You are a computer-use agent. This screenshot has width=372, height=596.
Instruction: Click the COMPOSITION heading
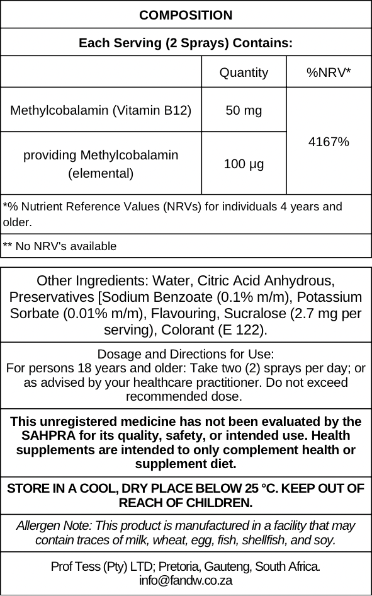[186, 15]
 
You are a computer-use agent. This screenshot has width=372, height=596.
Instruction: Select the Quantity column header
[244, 72]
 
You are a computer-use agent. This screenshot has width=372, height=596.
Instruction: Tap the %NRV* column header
[329, 72]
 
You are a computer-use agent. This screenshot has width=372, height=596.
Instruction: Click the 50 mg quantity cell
[244, 110]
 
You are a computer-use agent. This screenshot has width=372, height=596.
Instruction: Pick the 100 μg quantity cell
[244, 164]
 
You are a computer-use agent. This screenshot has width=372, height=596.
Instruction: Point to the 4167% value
[329, 142]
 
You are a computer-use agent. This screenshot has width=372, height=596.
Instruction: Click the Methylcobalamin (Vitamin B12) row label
[101, 110]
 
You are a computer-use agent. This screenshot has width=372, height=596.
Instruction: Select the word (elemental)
[101, 173]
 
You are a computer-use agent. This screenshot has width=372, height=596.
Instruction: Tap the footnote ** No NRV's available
[60, 246]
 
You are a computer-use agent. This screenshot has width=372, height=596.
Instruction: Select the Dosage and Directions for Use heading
[186, 354]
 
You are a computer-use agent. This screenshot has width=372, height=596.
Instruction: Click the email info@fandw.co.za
[186, 580]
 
